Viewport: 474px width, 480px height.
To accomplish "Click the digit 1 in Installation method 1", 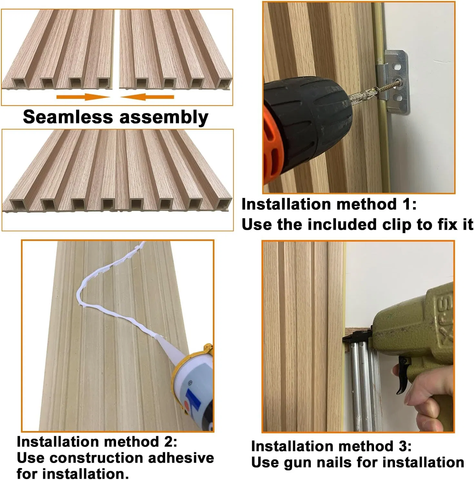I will point(404,204).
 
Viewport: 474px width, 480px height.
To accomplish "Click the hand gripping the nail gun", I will point(429,403).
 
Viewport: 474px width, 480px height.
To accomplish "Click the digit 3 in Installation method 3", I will point(400,446).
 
